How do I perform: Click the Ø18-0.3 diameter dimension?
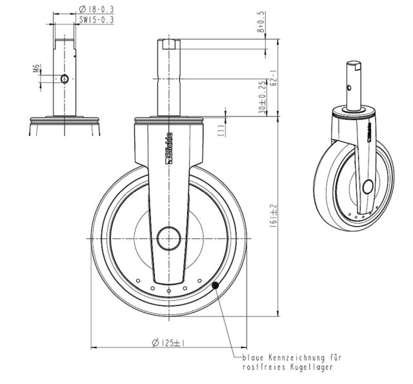click(96, 9)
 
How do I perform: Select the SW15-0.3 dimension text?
click(96, 20)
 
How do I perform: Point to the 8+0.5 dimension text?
click(261, 21)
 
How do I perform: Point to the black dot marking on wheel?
click(216, 285)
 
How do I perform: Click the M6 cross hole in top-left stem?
click(65, 77)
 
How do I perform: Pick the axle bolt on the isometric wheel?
click(367, 187)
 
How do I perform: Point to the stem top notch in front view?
click(169, 45)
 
